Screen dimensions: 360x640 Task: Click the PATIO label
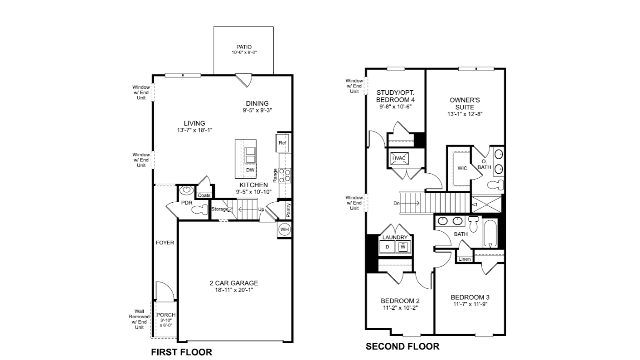pyautogui.click(x=243, y=47)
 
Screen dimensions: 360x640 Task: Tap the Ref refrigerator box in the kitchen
pyautogui.click(x=282, y=143)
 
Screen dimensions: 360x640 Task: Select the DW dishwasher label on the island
pyautogui.click(x=250, y=170)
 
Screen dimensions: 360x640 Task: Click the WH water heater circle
pyautogui.click(x=284, y=229)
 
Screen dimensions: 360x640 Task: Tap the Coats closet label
pyautogui.click(x=204, y=195)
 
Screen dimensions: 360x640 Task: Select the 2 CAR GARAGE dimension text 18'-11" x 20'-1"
pyautogui.click(x=234, y=290)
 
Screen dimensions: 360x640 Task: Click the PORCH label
pyautogui.click(x=165, y=315)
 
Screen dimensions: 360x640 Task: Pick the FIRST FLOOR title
pyautogui.click(x=181, y=352)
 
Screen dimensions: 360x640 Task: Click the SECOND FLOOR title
pyautogui.click(x=402, y=347)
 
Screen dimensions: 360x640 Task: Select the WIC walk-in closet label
pyautogui.click(x=462, y=168)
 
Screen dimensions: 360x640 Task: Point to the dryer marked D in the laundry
pyautogui.click(x=387, y=247)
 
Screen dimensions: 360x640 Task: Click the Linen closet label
pyautogui.click(x=464, y=259)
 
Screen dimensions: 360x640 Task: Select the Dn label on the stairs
pyautogui.click(x=397, y=204)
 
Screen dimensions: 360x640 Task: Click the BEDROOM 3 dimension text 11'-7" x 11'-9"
pyautogui.click(x=470, y=305)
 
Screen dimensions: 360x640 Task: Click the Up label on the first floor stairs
pyautogui.click(x=261, y=209)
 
